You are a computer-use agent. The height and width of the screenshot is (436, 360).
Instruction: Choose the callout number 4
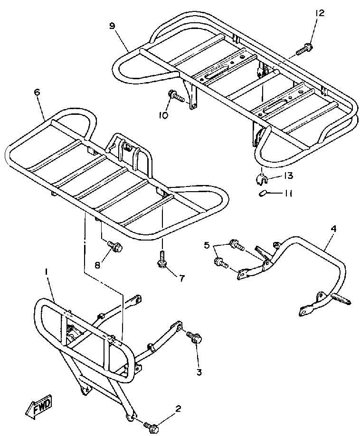point(333,229)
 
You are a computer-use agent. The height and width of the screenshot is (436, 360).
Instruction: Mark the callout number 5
point(207,245)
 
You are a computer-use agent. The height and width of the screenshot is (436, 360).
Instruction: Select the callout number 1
point(46,271)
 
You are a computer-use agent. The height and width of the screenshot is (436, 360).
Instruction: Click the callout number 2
point(178,408)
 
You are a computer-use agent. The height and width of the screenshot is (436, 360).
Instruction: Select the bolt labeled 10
point(176,96)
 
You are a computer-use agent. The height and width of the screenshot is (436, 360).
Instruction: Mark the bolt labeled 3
point(194,338)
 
